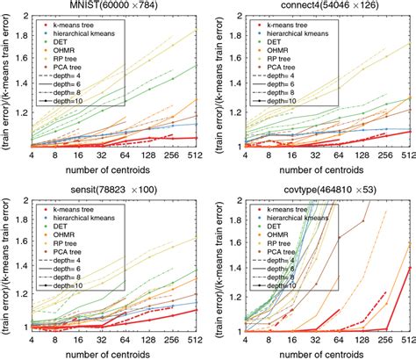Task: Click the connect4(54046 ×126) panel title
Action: click(x=319, y=7)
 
